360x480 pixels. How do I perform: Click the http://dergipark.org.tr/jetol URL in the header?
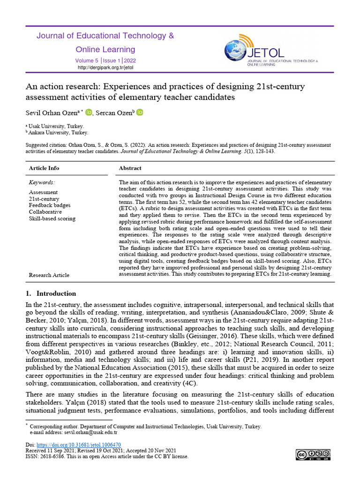[x=105, y=68]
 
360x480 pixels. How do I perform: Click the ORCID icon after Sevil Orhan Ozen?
[x=89, y=113]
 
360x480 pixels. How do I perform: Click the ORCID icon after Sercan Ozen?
[x=140, y=113]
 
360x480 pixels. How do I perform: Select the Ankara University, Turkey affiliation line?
[x=58, y=133]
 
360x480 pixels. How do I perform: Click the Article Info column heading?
[x=44, y=168]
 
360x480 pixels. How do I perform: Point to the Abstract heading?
[x=130, y=168]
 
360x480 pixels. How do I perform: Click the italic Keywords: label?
[x=42, y=182]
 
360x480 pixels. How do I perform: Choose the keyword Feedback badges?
[x=50, y=205]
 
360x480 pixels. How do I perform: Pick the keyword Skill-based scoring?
[x=52, y=218]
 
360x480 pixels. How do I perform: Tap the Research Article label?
[x=49, y=275]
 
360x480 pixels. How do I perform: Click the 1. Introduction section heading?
[x=51, y=293]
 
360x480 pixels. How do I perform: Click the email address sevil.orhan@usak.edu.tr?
[x=88, y=433]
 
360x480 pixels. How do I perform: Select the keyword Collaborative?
[x=45, y=212]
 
